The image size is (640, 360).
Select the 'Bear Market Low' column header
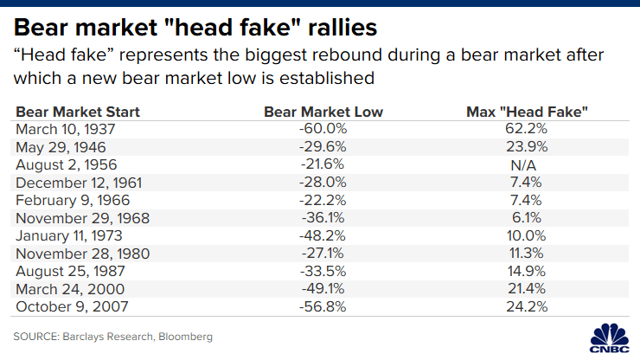tap(323, 112)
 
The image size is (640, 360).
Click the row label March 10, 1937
tap(65, 128)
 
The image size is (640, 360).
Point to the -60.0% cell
tap(323, 128)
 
